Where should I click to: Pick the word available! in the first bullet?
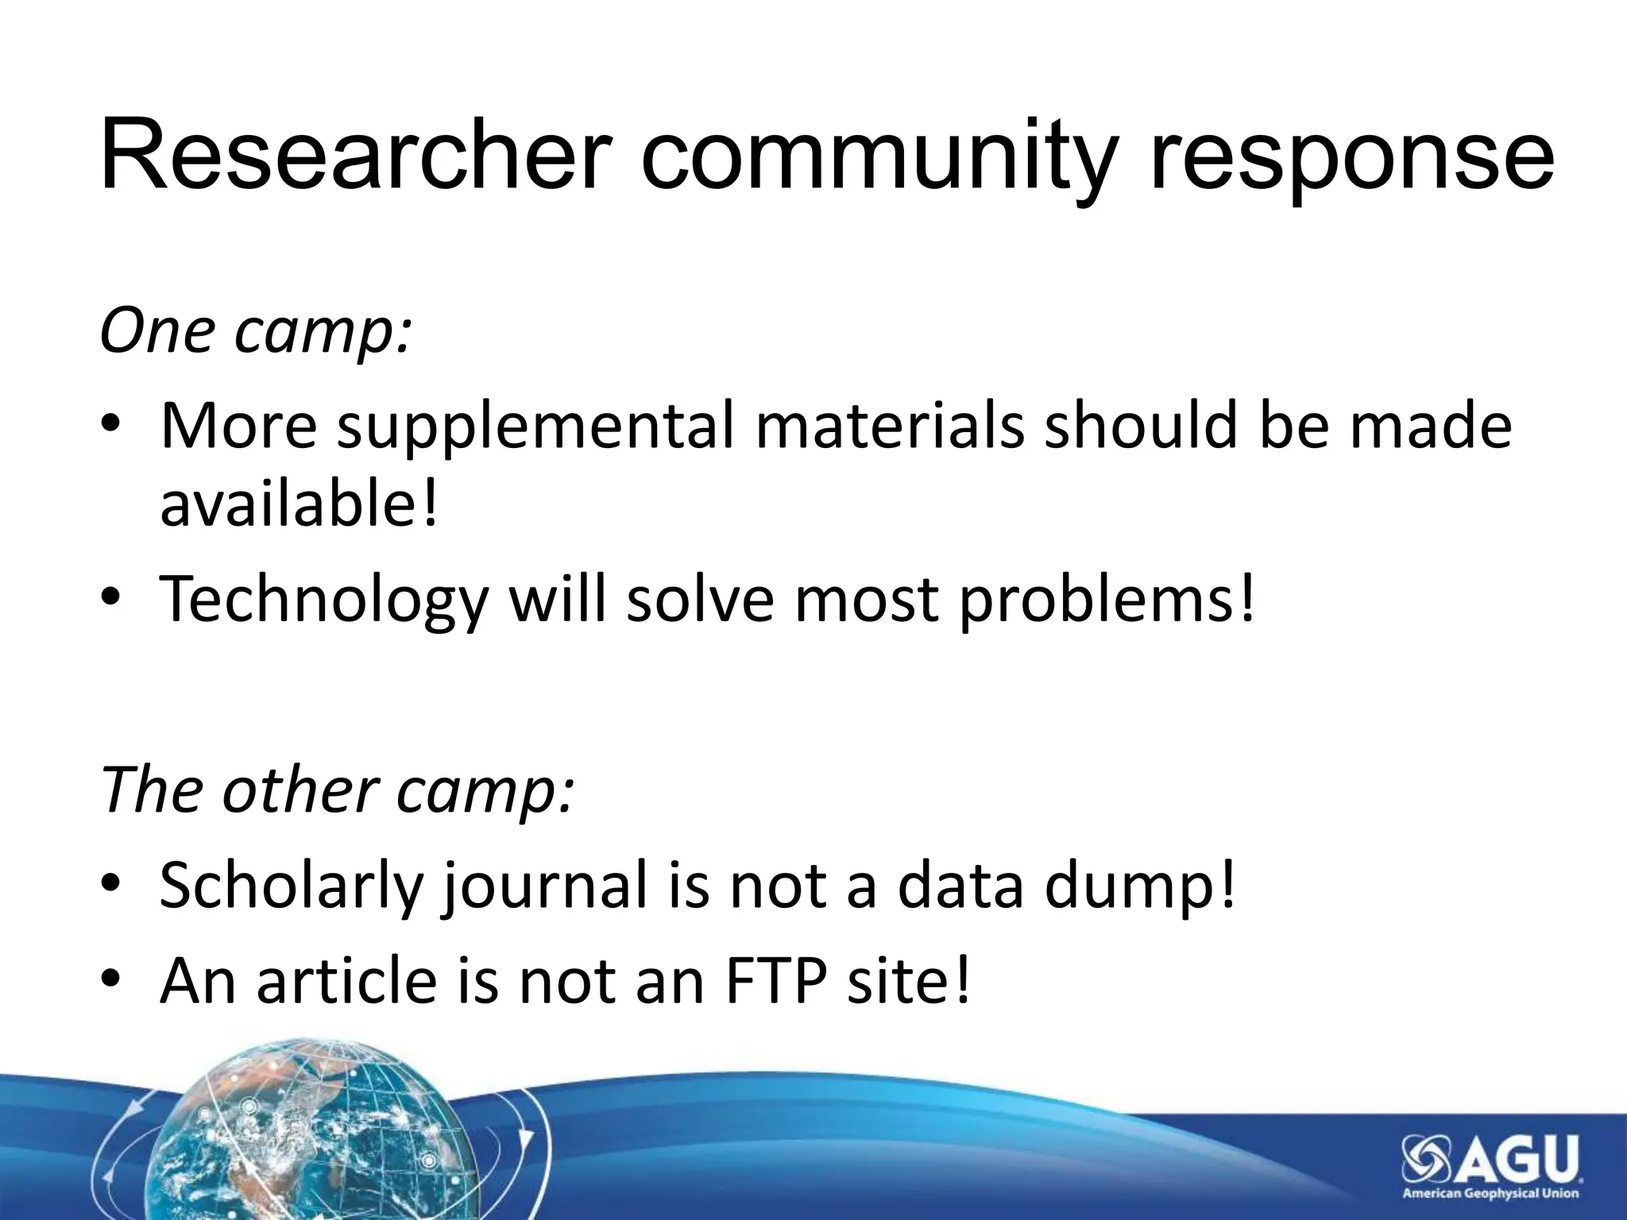(x=299, y=504)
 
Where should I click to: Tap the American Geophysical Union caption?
(x=1490, y=1193)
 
